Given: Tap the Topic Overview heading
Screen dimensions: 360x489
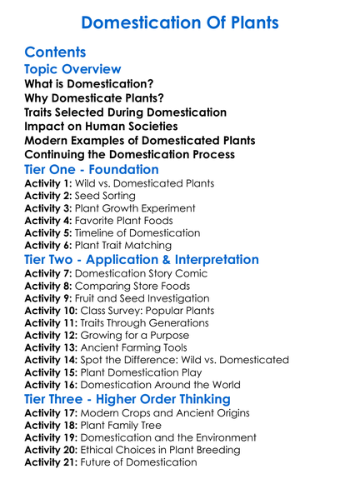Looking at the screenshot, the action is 72,69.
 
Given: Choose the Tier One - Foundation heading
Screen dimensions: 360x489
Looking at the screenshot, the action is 92,168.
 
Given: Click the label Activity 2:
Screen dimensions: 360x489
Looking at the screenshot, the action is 47,196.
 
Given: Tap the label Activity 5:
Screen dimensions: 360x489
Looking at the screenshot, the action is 47,232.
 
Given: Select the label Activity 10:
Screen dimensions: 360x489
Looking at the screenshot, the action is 50,310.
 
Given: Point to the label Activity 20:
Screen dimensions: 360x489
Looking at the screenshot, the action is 50,450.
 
